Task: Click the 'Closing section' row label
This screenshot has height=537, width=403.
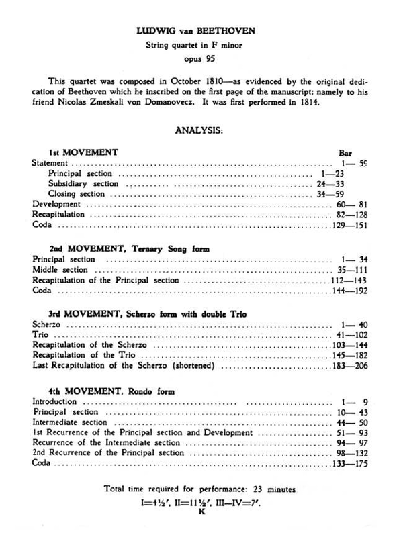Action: pos(77,194)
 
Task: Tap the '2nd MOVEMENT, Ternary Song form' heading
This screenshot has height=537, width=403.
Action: pos(129,248)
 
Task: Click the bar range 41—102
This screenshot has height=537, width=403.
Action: pos(348,333)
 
